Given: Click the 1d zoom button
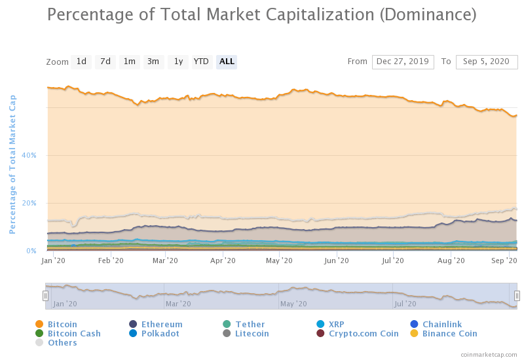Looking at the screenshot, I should [81, 62].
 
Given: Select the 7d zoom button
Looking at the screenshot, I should [105, 62].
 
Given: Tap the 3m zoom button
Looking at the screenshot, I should [153, 62].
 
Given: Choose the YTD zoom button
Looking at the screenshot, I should [201, 62].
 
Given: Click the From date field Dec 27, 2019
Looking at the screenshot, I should [403, 62].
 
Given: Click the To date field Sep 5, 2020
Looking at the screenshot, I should [486, 62].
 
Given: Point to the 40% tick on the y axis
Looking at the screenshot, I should [30, 155].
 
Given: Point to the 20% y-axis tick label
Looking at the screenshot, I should [30, 203].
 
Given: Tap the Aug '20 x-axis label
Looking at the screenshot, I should [451, 261].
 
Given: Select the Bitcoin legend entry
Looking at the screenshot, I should [62, 324].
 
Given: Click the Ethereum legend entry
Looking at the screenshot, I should [162, 324].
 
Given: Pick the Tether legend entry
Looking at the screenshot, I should [250, 324].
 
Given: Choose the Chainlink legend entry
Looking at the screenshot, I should [442, 324].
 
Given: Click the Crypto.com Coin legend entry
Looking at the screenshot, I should [364, 333].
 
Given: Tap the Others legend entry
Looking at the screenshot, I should [62, 342].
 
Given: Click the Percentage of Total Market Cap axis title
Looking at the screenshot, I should [12, 164].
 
